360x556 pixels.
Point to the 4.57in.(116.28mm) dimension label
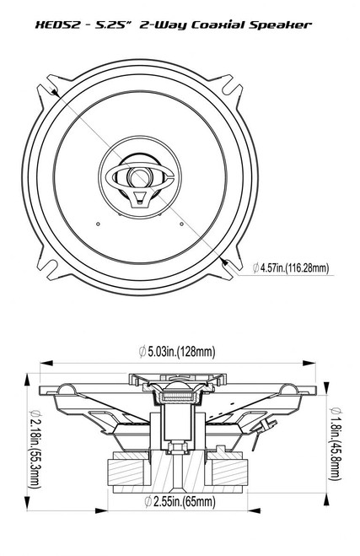click(x=290, y=269)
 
